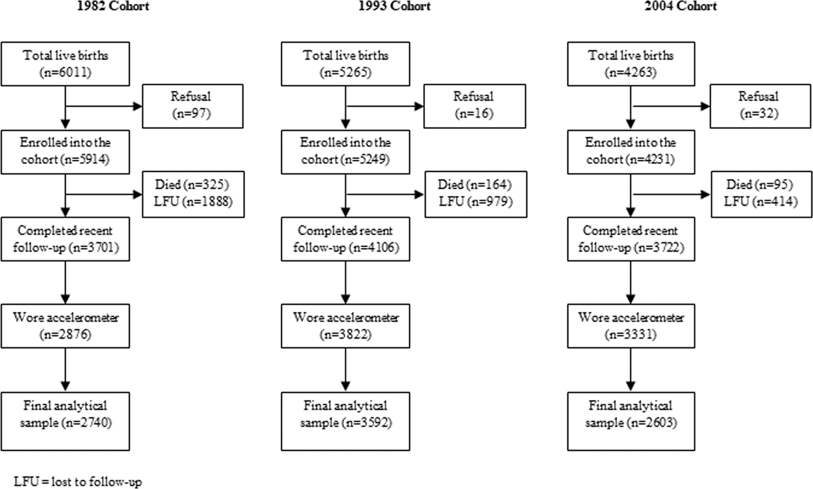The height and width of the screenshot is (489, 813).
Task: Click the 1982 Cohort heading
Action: click(113, 7)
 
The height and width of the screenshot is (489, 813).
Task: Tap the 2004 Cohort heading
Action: click(680, 7)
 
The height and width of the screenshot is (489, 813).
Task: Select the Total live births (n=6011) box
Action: click(65, 64)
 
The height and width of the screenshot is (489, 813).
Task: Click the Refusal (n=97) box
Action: click(193, 106)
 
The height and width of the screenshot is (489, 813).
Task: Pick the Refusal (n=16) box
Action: click(474, 106)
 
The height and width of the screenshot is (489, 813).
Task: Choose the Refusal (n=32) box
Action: click(760, 106)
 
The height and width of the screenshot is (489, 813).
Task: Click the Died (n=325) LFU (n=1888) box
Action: click(193, 194)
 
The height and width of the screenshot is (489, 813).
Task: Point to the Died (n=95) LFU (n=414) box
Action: click(760, 194)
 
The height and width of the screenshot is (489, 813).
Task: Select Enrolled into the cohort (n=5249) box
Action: click(345, 151)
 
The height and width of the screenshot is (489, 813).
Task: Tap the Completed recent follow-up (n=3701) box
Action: click(65, 239)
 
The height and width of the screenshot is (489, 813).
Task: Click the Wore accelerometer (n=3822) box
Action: click(345, 326)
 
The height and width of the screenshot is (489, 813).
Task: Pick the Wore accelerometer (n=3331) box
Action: click(631, 326)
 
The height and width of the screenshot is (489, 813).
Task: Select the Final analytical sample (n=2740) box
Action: click(65, 421)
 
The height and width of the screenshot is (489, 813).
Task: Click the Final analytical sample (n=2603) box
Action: click(631, 421)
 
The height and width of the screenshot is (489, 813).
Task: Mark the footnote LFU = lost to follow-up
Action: click(78, 481)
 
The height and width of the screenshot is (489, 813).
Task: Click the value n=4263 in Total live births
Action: click(631, 72)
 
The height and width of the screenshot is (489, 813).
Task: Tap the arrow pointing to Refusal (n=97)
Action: click(103, 106)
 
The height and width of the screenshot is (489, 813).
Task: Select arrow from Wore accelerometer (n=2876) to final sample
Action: click(65, 370)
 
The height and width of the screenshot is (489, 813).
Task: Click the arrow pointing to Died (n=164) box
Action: click(385, 194)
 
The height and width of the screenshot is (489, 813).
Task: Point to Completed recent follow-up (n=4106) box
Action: click(345, 239)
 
